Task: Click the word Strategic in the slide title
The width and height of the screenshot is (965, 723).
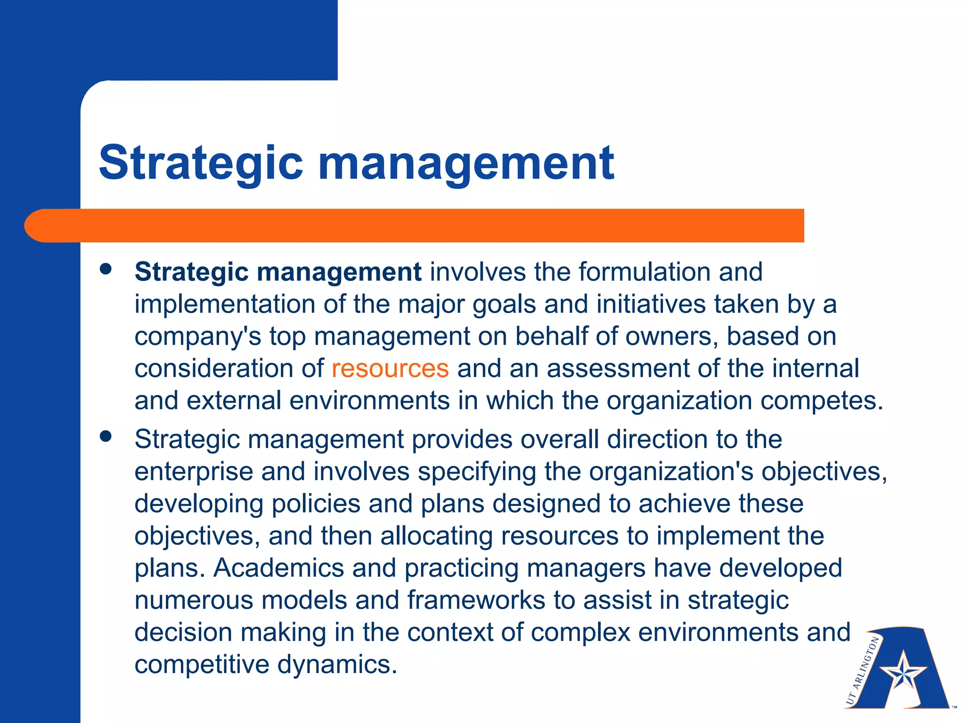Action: (x=201, y=163)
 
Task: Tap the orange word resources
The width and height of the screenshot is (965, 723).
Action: (x=390, y=369)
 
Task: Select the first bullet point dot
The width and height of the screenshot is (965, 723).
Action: (x=106, y=269)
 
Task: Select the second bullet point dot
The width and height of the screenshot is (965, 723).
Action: (x=106, y=436)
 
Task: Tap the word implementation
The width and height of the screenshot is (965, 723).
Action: (x=224, y=305)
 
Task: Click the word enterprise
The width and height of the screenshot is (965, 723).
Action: (x=194, y=472)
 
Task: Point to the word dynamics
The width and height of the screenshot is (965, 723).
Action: (x=337, y=665)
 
